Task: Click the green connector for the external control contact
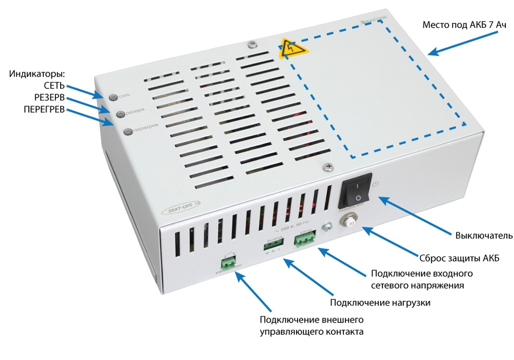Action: (x=227, y=263)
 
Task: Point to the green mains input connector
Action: (x=305, y=240)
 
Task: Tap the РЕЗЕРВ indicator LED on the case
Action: (x=120, y=113)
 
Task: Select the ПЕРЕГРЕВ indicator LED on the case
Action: (x=127, y=132)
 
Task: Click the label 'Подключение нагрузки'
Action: (x=380, y=302)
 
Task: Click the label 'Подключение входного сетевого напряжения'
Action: (x=421, y=279)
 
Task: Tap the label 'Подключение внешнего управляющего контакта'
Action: (x=312, y=326)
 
